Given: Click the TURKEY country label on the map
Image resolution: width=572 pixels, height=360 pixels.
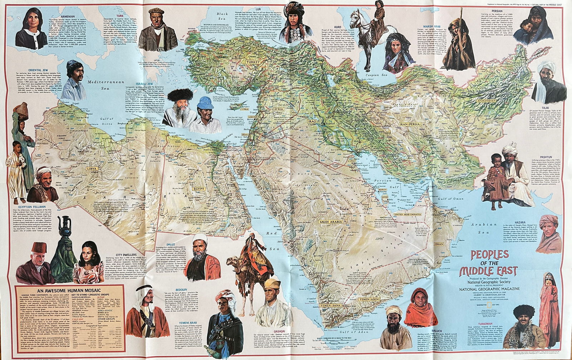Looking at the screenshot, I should pos(254,62).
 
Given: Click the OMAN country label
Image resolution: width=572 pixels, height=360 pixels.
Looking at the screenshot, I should pos(439,244).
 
